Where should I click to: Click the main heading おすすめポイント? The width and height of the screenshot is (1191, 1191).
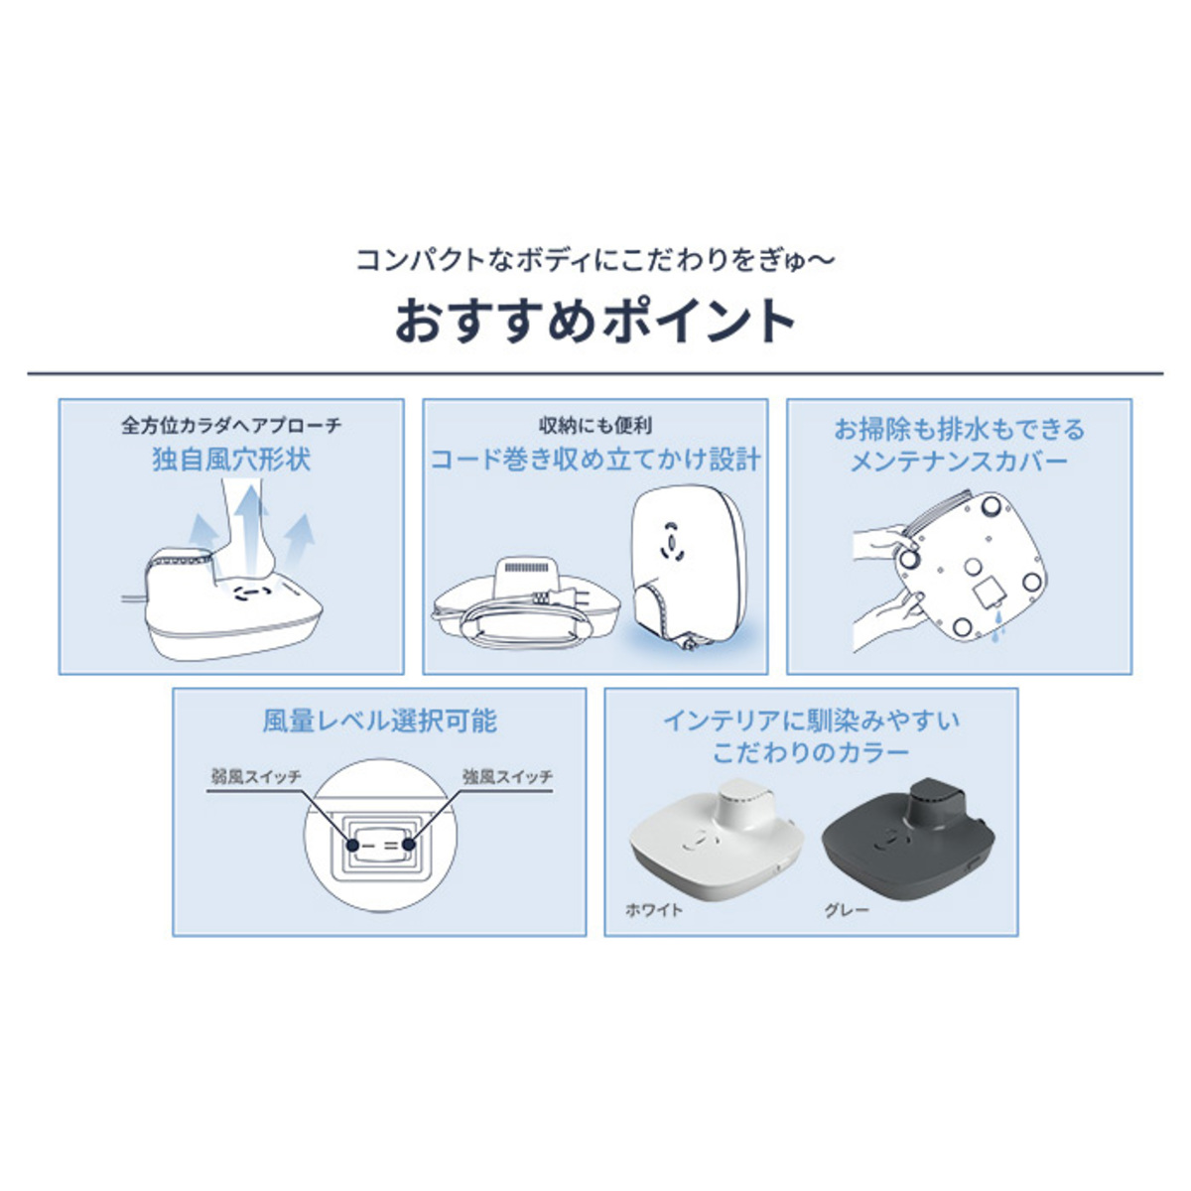[595, 322]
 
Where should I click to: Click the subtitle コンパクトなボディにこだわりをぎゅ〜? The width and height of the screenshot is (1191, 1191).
[595, 260]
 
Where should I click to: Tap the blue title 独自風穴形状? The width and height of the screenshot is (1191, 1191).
[231, 460]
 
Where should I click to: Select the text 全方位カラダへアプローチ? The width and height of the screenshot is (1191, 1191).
[231, 425]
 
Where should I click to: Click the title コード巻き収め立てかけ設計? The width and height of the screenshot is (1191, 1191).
[595, 460]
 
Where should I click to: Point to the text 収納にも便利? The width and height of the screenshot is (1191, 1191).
[595, 425]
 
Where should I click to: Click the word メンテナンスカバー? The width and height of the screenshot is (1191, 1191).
[959, 462]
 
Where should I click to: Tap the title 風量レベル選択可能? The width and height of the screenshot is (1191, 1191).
[379, 721]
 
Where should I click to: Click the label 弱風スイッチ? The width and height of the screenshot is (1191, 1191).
[256, 776]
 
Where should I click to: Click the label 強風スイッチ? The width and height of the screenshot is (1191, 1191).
[508, 776]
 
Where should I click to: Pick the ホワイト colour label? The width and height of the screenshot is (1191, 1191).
[654, 910]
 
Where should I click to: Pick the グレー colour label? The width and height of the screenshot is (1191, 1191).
[847, 910]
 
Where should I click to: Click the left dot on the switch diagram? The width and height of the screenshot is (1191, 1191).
[351, 845]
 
